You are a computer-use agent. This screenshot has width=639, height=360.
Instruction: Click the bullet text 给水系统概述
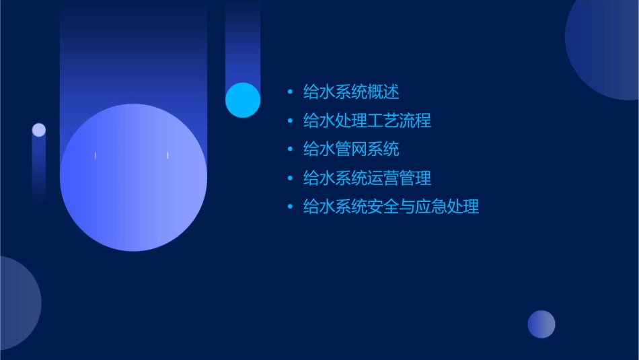point(351,92)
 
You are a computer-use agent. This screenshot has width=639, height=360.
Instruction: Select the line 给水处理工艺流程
point(367,120)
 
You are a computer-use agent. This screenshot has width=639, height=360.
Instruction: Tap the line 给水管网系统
point(351,149)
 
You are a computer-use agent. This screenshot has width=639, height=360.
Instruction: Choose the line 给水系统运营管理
point(367,178)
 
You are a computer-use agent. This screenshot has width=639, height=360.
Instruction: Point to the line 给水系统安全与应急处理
point(391,207)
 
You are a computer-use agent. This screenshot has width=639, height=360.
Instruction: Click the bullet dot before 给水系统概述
point(290,92)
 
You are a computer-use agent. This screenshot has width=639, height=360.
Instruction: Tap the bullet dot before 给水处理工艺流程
point(290,121)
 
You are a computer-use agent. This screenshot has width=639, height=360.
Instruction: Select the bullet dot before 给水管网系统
point(290,149)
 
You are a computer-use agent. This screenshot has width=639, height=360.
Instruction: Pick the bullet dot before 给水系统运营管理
point(290,178)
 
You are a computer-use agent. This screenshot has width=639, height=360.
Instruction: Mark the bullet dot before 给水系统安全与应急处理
point(290,207)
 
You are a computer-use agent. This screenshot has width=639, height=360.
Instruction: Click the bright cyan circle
point(243,100)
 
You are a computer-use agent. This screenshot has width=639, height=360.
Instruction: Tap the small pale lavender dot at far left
point(39,130)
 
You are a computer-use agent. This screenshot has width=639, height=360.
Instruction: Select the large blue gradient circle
point(133,178)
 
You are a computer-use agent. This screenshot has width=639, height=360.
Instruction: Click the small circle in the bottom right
point(541,324)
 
